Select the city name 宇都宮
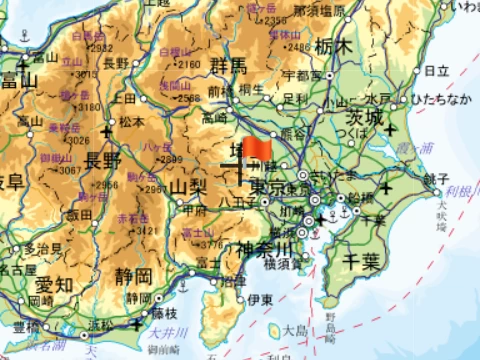(x=302, y=75)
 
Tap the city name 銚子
(x=435, y=178)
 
